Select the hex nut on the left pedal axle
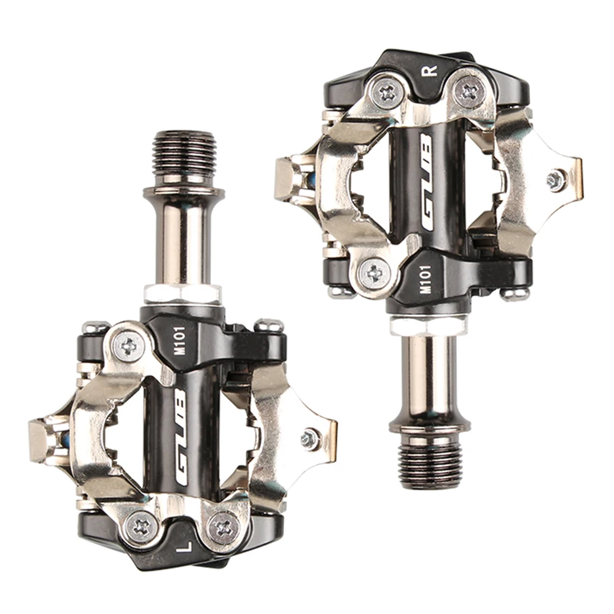182,293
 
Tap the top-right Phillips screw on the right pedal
470,91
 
